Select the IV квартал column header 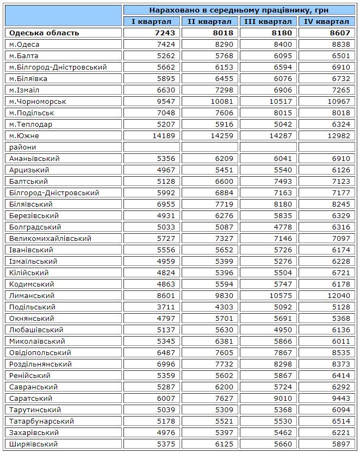tap(327, 21)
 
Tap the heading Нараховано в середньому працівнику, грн tap(239, 10)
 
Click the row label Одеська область tap(45, 33)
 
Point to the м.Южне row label tap(24, 135)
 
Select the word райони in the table tap(22, 147)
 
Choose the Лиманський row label tap(32, 295)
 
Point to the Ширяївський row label tap(34, 444)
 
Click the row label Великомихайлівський tap(50, 238)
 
